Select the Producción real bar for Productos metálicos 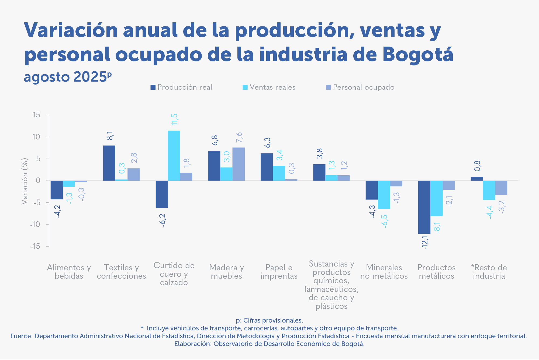(x=424, y=207)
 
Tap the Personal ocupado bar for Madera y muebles (x=239, y=164)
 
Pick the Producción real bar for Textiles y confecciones (x=109, y=163)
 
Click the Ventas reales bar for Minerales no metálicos (x=384, y=195)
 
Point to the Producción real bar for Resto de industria (x=477, y=179)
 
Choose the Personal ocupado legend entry (x=360, y=87)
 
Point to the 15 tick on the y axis (x=36, y=115)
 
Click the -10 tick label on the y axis (x=35, y=224)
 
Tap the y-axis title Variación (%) (x=25, y=181)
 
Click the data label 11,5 (x=174, y=119)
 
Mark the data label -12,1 (x=424, y=243)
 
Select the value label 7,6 (x=239, y=137)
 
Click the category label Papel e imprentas (x=279, y=272)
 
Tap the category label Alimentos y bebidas (x=69, y=272)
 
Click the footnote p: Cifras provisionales (x=269, y=320)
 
